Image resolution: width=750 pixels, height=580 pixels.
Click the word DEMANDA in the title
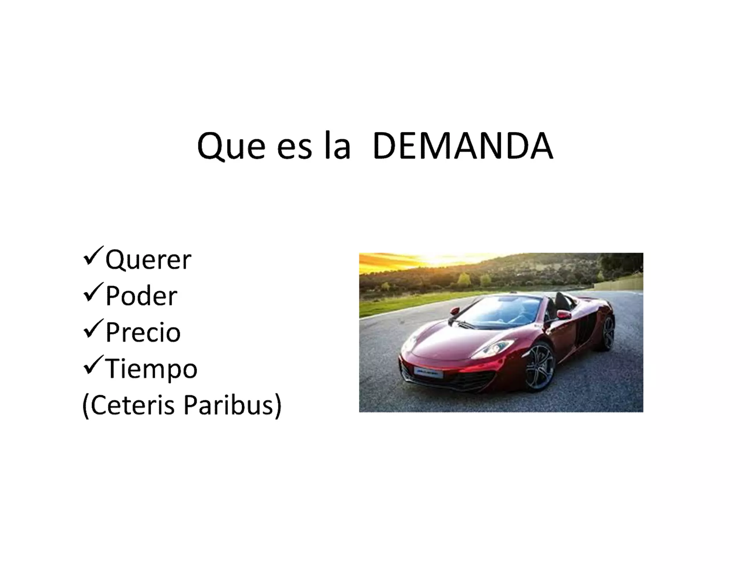[463, 146]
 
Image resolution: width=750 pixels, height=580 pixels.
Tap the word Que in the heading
[231, 147]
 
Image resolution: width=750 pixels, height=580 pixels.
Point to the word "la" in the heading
[337, 146]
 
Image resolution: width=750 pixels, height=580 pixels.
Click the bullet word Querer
[148, 260]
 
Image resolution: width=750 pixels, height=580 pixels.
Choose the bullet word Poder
[141, 296]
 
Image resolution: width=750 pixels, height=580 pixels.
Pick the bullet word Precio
[143, 332]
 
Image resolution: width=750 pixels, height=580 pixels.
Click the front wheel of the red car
[539, 367]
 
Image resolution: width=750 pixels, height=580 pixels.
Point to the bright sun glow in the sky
[439, 258]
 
